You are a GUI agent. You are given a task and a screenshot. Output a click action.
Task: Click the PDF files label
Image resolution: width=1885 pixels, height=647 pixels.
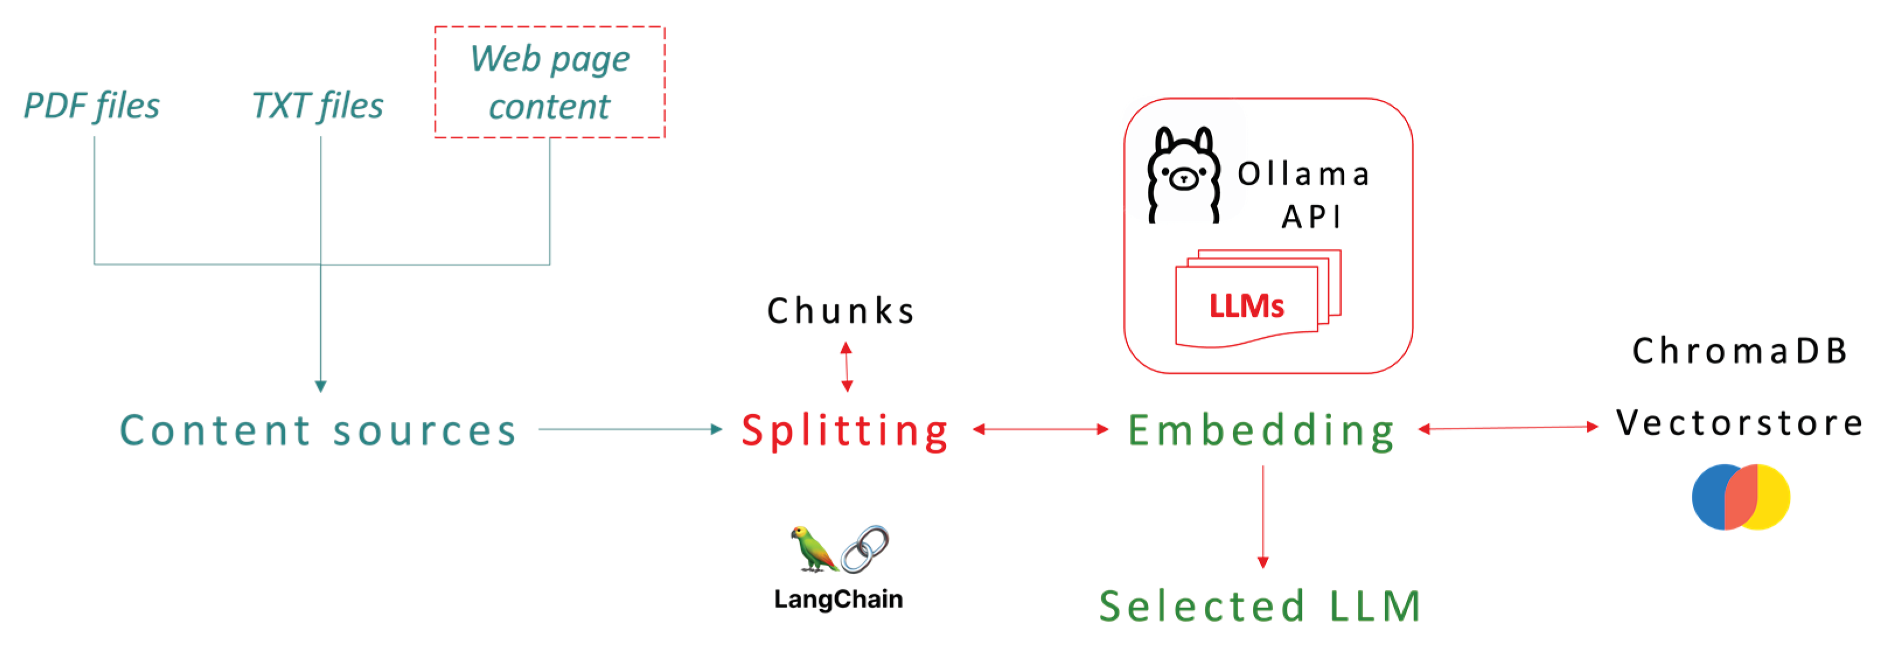[92, 106]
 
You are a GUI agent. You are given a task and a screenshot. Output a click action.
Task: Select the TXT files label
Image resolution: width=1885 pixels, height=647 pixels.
[317, 106]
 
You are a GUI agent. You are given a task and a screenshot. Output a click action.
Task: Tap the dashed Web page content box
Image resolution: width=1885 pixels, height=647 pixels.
[550, 82]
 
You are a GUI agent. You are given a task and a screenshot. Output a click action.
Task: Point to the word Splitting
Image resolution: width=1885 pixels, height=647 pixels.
[845, 431]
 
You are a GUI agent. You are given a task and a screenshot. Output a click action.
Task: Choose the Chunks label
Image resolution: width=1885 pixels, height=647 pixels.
[842, 310]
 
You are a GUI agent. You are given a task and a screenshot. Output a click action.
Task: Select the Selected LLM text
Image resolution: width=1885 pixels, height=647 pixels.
[1260, 606]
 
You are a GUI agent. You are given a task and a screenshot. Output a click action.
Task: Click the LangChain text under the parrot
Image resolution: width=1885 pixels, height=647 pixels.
[839, 599]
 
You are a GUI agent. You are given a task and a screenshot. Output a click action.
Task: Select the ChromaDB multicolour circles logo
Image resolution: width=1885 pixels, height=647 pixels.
[1741, 496]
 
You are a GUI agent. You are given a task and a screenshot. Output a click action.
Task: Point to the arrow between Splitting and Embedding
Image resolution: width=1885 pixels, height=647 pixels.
[1041, 429]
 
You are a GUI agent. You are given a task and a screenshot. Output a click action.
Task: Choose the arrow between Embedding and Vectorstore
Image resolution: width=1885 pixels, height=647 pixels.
[1508, 428]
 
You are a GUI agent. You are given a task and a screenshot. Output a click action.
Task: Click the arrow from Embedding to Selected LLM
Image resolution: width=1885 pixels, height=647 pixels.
[1263, 516]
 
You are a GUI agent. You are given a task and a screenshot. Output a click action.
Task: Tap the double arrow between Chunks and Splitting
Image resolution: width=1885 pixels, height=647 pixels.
[847, 367]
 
